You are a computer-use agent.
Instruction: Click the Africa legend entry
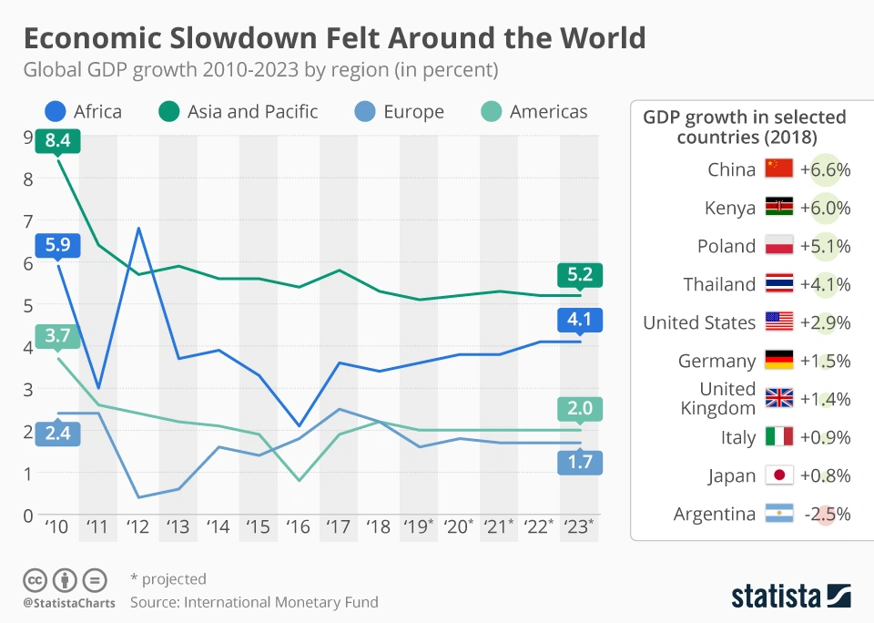point(83,112)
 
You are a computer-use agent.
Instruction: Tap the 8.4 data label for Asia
point(58,141)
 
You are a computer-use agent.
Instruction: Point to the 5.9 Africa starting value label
point(58,246)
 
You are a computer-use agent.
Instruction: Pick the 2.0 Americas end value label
point(580,409)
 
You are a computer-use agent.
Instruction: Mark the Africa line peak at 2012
point(138,228)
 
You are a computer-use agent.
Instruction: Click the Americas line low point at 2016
point(299,480)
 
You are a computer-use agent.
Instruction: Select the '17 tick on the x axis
point(339,527)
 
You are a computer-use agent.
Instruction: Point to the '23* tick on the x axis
point(579,527)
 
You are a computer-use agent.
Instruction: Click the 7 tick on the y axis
point(28,220)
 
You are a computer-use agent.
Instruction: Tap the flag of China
point(779,169)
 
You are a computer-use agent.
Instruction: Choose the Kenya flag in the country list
point(779,208)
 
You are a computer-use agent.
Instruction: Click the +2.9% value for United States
point(825,322)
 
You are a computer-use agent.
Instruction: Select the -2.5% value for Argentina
point(825,514)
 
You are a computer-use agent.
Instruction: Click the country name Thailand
point(719,284)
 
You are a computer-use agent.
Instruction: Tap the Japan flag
point(779,475)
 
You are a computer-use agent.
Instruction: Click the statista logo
point(790,597)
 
